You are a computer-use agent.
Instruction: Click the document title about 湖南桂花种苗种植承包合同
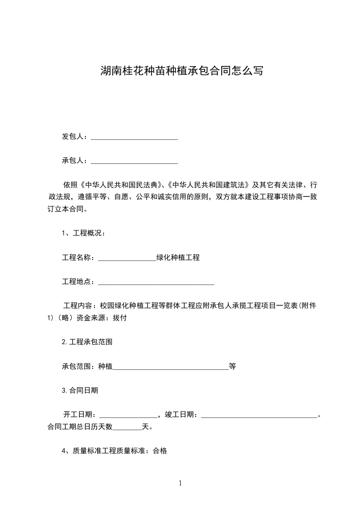click(181, 71)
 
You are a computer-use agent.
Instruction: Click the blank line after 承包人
click(134, 162)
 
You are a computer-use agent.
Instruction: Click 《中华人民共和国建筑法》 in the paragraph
click(209, 185)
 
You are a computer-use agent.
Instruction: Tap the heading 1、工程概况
click(84, 234)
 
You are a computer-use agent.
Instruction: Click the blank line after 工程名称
click(127, 259)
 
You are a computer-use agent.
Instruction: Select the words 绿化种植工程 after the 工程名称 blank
click(178, 258)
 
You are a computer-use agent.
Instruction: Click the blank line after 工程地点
click(156, 284)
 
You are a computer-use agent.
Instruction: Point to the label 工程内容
click(79, 306)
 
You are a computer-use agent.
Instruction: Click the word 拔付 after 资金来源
click(119, 318)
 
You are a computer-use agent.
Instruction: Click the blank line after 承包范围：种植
click(170, 368)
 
